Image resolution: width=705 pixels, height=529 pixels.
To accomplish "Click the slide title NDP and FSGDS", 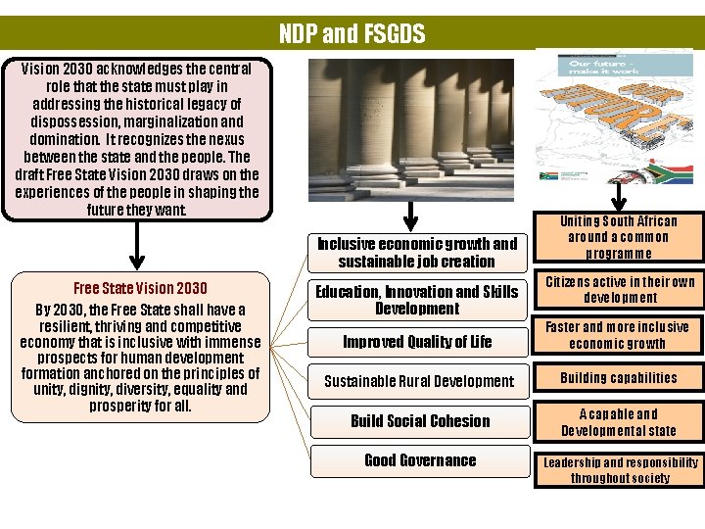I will [352, 35].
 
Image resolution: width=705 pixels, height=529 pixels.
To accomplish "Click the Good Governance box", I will [420, 460].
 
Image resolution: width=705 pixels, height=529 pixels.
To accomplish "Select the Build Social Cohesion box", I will [420, 421].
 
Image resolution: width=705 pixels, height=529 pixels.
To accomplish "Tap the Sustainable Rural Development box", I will [419, 381].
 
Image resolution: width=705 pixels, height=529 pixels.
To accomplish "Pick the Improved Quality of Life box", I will [417, 342].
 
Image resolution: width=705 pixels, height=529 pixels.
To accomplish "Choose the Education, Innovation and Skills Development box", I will [417, 300].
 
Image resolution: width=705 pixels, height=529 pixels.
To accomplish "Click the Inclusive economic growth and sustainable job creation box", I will [417, 253].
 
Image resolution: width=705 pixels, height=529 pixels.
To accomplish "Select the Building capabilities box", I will [619, 378].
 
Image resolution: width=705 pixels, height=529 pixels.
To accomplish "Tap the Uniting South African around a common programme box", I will [619, 237].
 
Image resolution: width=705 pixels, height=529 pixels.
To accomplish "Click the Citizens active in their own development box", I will [619, 290].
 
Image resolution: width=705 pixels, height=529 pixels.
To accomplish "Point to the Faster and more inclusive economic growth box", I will [619, 335].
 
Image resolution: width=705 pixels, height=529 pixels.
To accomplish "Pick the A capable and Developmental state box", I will [619, 422].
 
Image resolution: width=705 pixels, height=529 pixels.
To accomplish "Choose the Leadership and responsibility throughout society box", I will [619, 470].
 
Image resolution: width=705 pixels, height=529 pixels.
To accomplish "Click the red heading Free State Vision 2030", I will [140, 288].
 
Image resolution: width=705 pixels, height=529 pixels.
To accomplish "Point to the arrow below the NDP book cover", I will [619, 199].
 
